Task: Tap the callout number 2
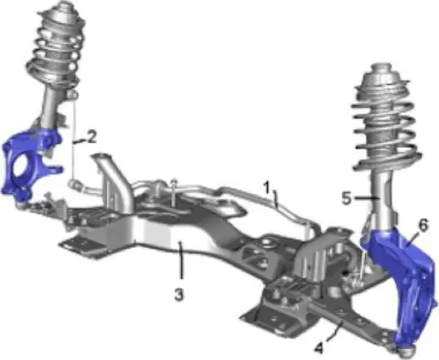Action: pos(90,137)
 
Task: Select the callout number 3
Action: pos(180,294)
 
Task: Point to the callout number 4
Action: pos(319,348)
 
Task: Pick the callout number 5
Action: pos(347,198)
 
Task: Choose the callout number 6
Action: pos(423,225)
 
